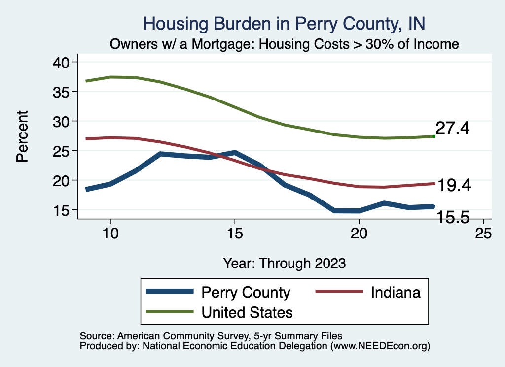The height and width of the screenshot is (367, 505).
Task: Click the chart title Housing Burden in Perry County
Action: (x=284, y=23)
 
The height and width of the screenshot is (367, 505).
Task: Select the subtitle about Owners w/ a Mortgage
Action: (x=285, y=44)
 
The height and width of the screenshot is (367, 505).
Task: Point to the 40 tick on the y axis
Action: (x=62, y=62)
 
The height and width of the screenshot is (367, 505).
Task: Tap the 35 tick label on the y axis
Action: (x=62, y=92)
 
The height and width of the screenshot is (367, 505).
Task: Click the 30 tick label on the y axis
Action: (x=62, y=121)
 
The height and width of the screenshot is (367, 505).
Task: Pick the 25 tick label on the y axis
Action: (x=62, y=151)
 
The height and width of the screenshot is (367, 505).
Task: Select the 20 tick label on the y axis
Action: (x=62, y=181)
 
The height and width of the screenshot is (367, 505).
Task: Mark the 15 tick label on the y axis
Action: (x=62, y=210)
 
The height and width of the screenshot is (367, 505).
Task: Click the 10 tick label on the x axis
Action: (x=110, y=234)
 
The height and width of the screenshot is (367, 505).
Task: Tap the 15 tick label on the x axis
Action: (x=235, y=234)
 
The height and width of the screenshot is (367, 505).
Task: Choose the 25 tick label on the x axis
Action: (x=483, y=234)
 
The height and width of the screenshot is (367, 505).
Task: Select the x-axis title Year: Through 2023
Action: (x=284, y=263)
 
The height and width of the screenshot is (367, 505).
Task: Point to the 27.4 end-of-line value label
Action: (x=452, y=129)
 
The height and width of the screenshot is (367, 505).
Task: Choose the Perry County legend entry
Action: (x=246, y=292)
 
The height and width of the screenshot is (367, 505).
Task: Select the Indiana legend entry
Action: (x=396, y=292)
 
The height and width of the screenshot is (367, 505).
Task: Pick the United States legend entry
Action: (x=247, y=312)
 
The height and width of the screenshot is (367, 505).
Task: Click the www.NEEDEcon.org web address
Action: (x=380, y=346)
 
